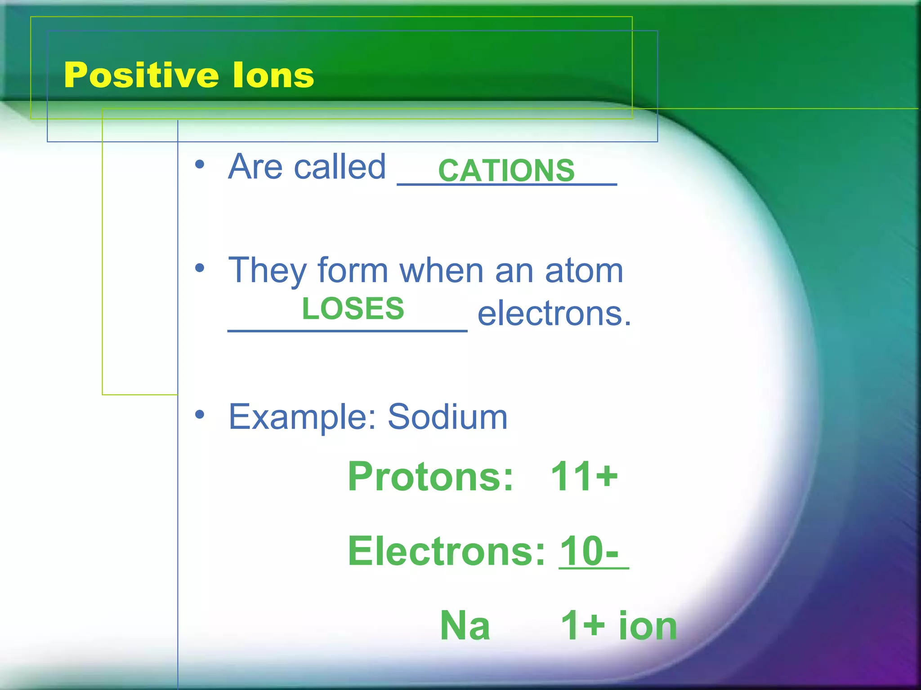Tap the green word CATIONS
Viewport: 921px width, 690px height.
[x=506, y=171]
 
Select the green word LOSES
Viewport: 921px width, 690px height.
[x=353, y=309]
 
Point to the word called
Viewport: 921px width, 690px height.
[x=340, y=167]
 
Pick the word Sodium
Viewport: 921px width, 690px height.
[x=447, y=417]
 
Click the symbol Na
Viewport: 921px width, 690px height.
[x=465, y=625]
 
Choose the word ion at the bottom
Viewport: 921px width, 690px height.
[x=648, y=625]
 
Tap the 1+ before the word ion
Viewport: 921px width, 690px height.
[x=583, y=625]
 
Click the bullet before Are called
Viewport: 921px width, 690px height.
[x=200, y=165]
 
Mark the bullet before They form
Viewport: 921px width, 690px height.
[x=200, y=269]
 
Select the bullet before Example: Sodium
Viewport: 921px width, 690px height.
[x=200, y=415]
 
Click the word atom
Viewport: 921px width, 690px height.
[x=584, y=270]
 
